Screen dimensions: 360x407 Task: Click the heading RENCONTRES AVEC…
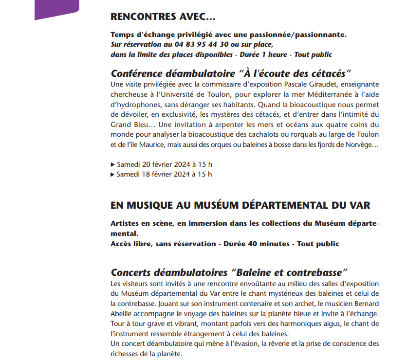pos(163,17)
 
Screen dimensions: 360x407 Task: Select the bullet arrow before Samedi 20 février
pos(113,164)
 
